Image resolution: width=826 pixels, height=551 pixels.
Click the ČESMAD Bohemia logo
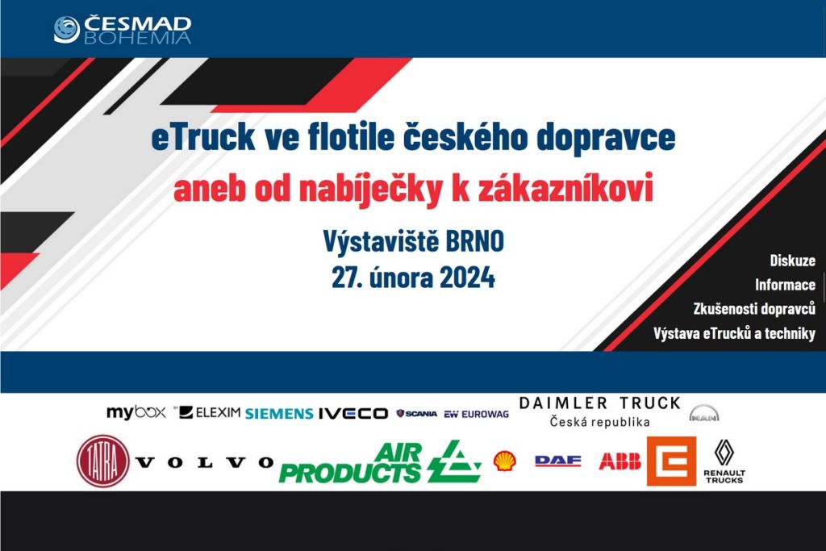point(123,30)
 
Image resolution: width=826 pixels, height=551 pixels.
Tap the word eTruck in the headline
point(203,137)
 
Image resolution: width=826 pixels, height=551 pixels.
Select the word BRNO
point(475,241)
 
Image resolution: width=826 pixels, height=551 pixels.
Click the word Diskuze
point(792,261)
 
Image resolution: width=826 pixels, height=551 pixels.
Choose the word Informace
point(785,285)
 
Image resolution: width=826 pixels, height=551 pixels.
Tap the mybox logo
point(136,412)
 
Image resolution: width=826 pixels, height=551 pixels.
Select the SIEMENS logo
point(279,414)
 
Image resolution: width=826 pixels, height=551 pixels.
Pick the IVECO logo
point(353,414)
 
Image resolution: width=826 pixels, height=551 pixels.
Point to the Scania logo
point(417,414)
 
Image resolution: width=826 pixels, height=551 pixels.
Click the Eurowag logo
point(476,415)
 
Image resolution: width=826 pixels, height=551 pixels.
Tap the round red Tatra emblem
point(103,461)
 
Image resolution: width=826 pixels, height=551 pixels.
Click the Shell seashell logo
point(505,461)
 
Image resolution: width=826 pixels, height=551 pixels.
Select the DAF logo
point(558,461)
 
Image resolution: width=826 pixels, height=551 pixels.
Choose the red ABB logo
point(620,461)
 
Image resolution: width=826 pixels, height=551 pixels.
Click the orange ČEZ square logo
point(672,461)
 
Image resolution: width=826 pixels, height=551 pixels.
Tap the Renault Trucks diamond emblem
point(724,453)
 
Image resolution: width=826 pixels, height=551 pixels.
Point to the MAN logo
point(703,414)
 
